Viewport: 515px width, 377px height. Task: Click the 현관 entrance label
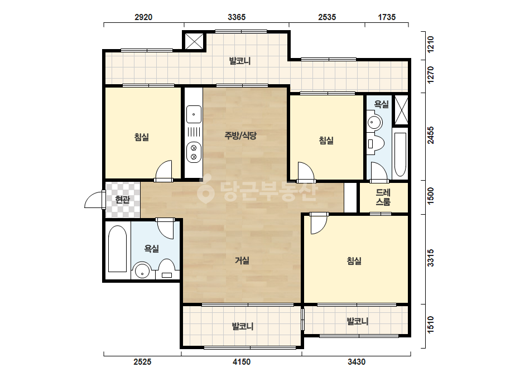123,199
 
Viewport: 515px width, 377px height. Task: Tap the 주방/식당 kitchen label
240,136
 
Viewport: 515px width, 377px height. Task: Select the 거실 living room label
242,260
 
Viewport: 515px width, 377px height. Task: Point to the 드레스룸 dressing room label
383,197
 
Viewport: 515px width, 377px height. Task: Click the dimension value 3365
237,17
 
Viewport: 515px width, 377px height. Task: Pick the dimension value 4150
242,362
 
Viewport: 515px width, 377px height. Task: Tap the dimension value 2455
431,136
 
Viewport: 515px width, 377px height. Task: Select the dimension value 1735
387,17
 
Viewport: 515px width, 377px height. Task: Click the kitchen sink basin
194,114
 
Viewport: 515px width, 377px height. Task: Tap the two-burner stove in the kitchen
194,152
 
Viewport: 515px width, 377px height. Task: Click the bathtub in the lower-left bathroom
117,249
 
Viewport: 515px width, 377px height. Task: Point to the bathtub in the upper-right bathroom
400,154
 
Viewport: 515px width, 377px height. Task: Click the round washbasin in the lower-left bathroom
142,270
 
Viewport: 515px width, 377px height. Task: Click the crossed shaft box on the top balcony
194,41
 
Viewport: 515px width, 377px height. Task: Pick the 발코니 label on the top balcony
240,61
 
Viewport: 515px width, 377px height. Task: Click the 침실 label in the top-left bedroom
142,137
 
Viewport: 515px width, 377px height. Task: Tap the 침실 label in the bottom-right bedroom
354,261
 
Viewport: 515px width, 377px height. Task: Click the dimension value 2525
142,362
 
